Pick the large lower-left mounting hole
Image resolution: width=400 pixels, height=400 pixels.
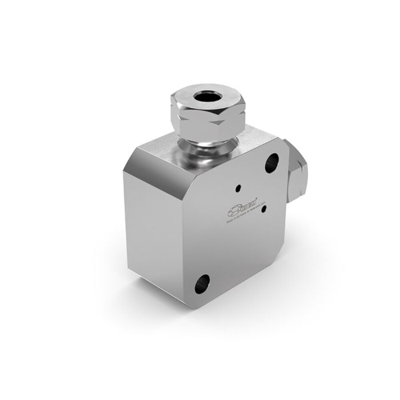click(202, 283)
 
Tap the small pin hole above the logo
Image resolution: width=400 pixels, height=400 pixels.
click(238, 187)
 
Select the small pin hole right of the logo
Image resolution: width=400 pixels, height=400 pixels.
click(263, 208)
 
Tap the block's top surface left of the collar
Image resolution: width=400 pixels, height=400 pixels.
click(163, 146)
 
